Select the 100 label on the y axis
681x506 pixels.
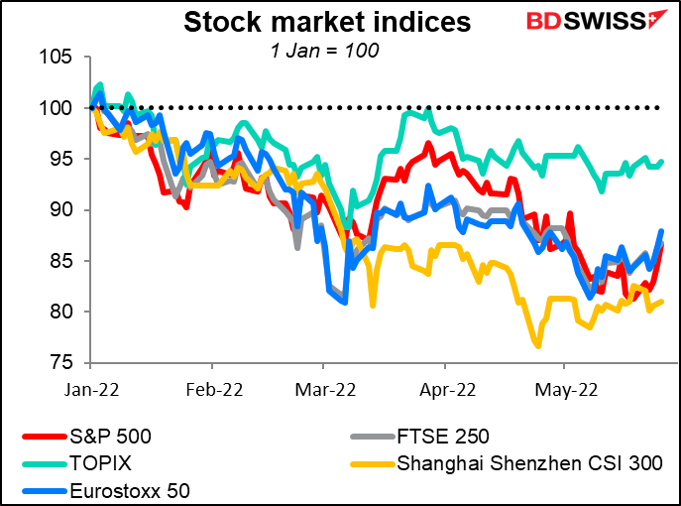[57, 107]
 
